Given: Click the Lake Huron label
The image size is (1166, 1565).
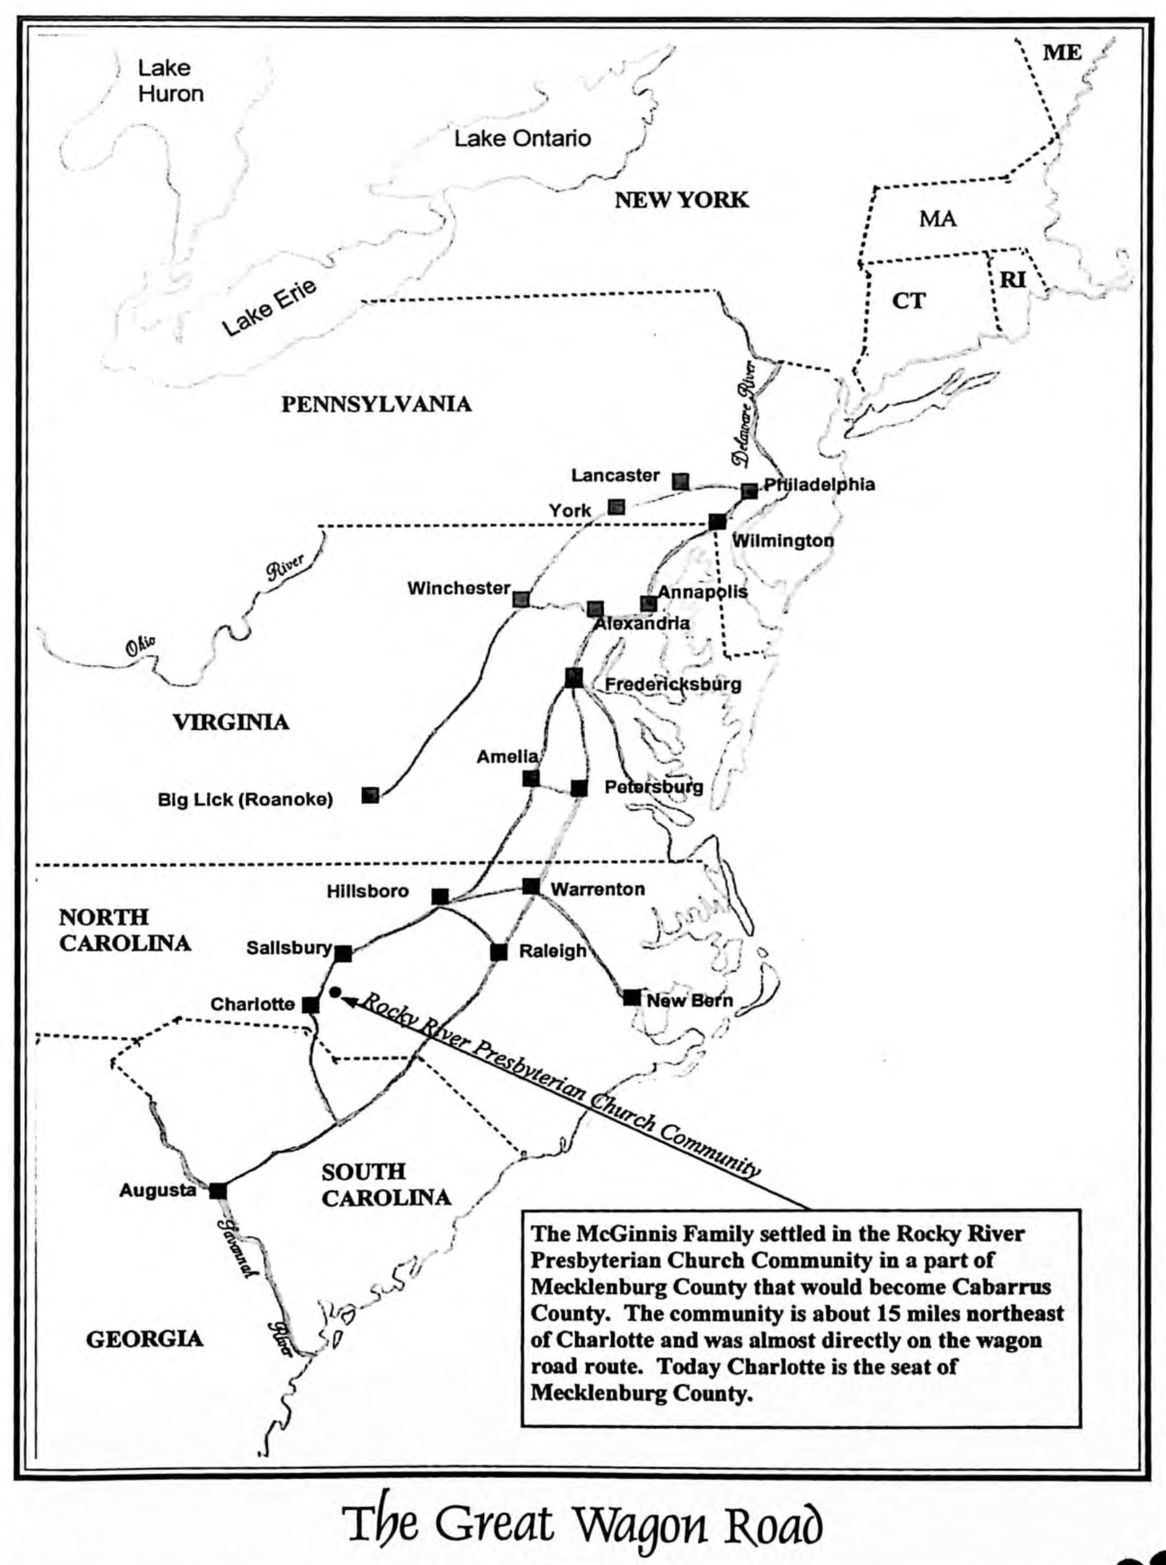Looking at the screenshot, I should pos(170,81).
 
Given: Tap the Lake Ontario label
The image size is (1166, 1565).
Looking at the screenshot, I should pos(522,139).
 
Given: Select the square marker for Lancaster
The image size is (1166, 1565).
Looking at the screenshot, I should pos(681,481).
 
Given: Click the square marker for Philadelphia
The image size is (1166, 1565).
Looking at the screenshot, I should pos(749,491).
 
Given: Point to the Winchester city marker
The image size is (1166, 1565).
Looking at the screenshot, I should pos(521,599).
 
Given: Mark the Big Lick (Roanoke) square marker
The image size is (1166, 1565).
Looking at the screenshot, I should pos(370,795).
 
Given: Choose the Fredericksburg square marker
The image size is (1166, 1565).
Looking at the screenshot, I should pos(574,678).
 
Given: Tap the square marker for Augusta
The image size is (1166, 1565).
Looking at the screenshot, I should pos(218,1190).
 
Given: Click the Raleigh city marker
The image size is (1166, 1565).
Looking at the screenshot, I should pos(498,952).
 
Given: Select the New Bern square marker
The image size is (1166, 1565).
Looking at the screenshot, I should pos(632,997).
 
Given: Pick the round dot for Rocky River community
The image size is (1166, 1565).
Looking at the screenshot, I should pos(335,992).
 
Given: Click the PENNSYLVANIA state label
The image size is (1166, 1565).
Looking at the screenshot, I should pos(376,404).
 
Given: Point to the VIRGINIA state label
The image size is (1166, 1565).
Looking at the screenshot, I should pos(231,721).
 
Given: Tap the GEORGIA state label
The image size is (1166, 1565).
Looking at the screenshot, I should pos(144,1339).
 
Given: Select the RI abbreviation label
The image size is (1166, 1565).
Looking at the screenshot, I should pos(1013,279).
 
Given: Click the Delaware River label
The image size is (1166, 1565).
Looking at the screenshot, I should pos(746,414).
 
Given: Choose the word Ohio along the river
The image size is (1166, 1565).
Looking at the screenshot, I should pos(141,646).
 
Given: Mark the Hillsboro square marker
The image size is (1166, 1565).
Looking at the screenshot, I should pos(441,896).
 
